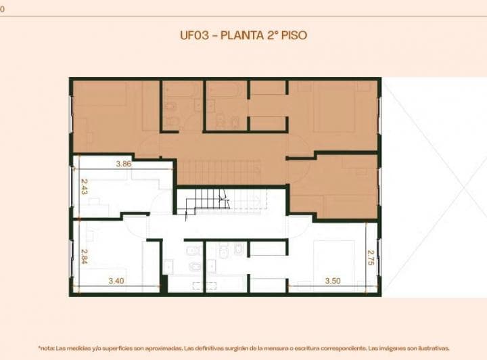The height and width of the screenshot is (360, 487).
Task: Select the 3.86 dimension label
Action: (x=123, y=164)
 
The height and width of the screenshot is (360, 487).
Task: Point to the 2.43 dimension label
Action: (x=84, y=187)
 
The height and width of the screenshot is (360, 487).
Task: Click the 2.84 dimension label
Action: (x=84, y=258)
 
